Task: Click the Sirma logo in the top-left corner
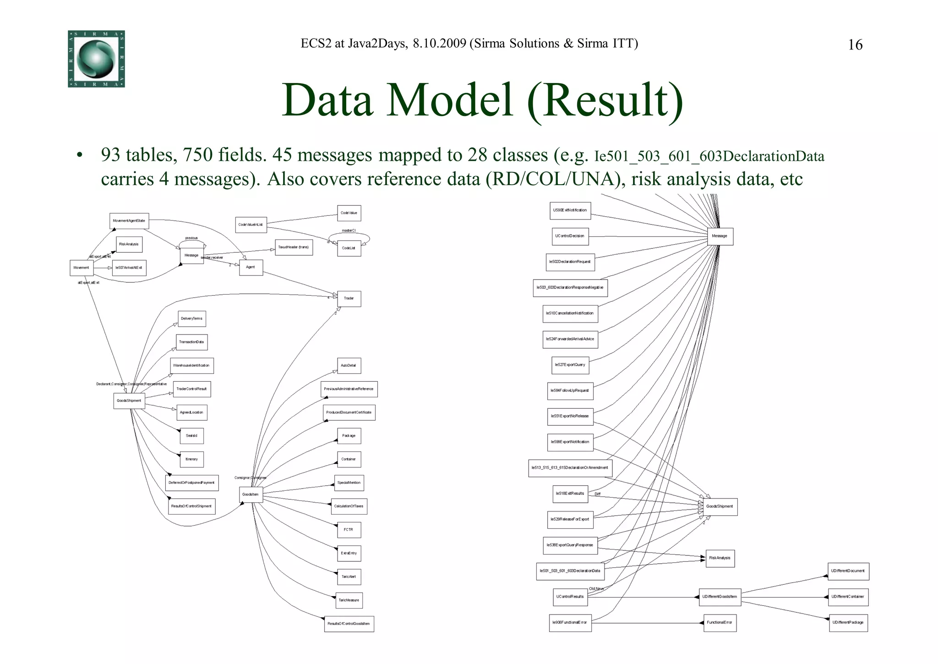pyautogui.click(x=96, y=59)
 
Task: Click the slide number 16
pyautogui.click(x=855, y=45)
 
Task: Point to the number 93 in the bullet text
pyautogui.click(x=110, y=155)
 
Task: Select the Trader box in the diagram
pyautogui.click(x=349, y=298)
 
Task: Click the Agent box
pyautogui.click(x=251, y=267)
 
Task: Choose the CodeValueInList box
pyautogui.click(x=251, y=225)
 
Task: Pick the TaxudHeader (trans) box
pyautogui.click(x=294, y=247)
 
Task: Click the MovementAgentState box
pyautogui.click(x=129, y=221)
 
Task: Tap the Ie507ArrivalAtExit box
pyautogui.click(x=129, y=268)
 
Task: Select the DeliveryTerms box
pyautogui.click(x=191, y=318)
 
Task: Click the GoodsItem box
pyautogui.click(x=251, y=494)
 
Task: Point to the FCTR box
pyautogui.click(x=349, y=530)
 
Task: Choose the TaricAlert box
pyautogui.click(x=349, y=576)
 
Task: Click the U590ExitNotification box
pyautogui.click(x=570, y=210)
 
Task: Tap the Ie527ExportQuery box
pyautogui.click(x=570, y=365)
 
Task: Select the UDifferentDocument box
pyautogui.click(x=848, y=571)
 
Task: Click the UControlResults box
pyautogui.click(x=570, y=597)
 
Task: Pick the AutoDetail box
pyautogui.click(x=349, y=366)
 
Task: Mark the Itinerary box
pyautogui.click(x=191, y=459)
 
